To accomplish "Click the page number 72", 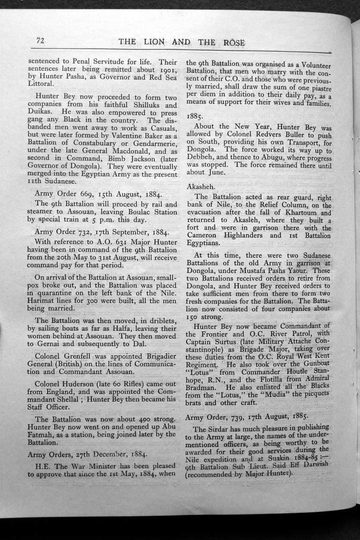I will click(40, 41).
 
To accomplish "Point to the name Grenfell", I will click(75, 357).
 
